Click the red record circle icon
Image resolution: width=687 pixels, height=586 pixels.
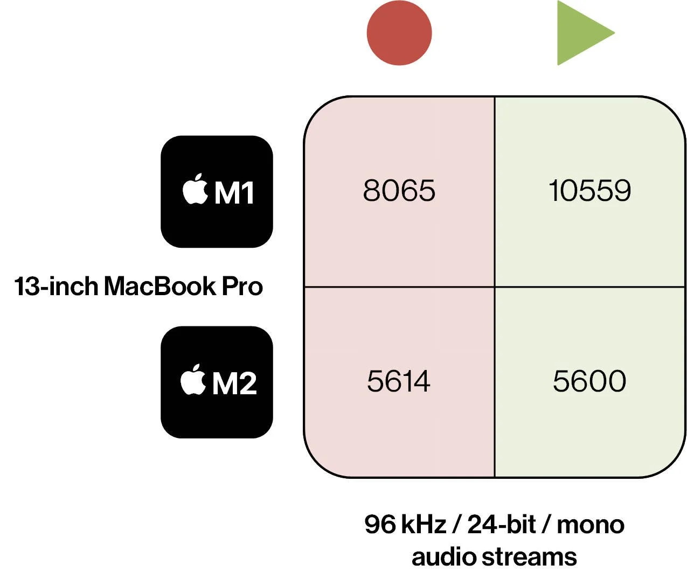pos(399,33)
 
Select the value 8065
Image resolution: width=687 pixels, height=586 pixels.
pos(399,190)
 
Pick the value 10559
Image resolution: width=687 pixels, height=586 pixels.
pos(589,190)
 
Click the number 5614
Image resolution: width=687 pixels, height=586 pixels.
pos(398,381)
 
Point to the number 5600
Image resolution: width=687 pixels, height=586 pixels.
pos(589,381)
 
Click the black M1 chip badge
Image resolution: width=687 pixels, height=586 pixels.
pos(217,192)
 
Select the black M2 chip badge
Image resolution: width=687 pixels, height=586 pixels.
pos(217,382)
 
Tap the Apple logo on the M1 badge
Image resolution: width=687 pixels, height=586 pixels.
pos(195,189)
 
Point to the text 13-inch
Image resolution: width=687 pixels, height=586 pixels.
pos(56,286)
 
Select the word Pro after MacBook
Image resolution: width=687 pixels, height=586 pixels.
pos(242,286)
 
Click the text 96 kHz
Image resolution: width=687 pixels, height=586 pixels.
pos(405,524)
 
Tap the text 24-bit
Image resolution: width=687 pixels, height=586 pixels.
pos(502,524)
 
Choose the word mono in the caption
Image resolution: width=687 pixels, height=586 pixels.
pos(591,524)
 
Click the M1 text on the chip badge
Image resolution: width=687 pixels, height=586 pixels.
pos(234,192)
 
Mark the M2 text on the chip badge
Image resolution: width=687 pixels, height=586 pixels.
pos(234,383)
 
